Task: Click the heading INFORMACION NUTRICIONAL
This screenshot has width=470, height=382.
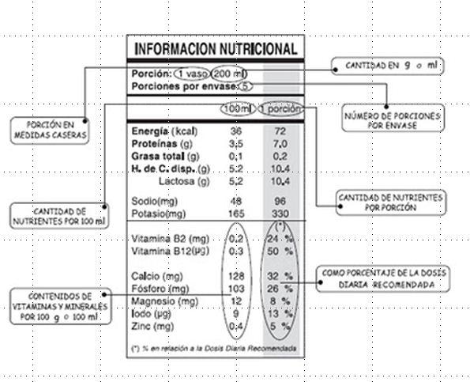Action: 215,48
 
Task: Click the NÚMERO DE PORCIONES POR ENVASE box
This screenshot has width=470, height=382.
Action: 392,120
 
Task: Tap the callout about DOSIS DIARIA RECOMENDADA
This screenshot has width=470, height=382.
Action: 385,278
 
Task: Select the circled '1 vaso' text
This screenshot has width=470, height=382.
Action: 193,74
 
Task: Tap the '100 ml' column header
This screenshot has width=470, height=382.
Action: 236,108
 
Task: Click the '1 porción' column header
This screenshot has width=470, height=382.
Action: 280,108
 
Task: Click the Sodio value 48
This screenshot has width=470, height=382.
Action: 235,201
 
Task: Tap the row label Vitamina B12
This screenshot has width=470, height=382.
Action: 169,251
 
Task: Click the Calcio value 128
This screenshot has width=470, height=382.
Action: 235,276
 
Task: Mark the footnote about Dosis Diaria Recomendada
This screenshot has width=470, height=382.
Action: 213,348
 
